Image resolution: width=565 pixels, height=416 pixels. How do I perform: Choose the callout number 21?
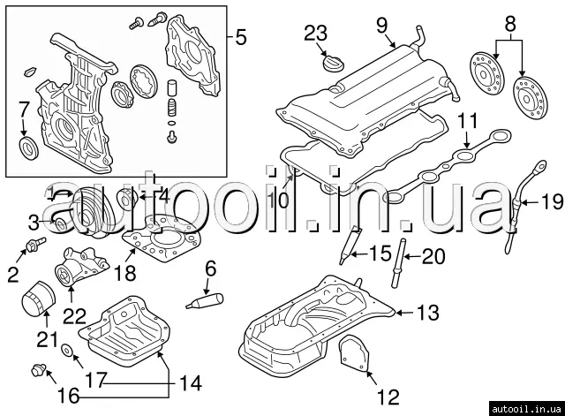point(46,340)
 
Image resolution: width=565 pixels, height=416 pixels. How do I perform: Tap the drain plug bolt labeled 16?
point(39,368)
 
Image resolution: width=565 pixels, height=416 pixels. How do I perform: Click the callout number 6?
point(211,268)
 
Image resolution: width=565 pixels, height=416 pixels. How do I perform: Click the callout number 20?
point(434,256)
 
